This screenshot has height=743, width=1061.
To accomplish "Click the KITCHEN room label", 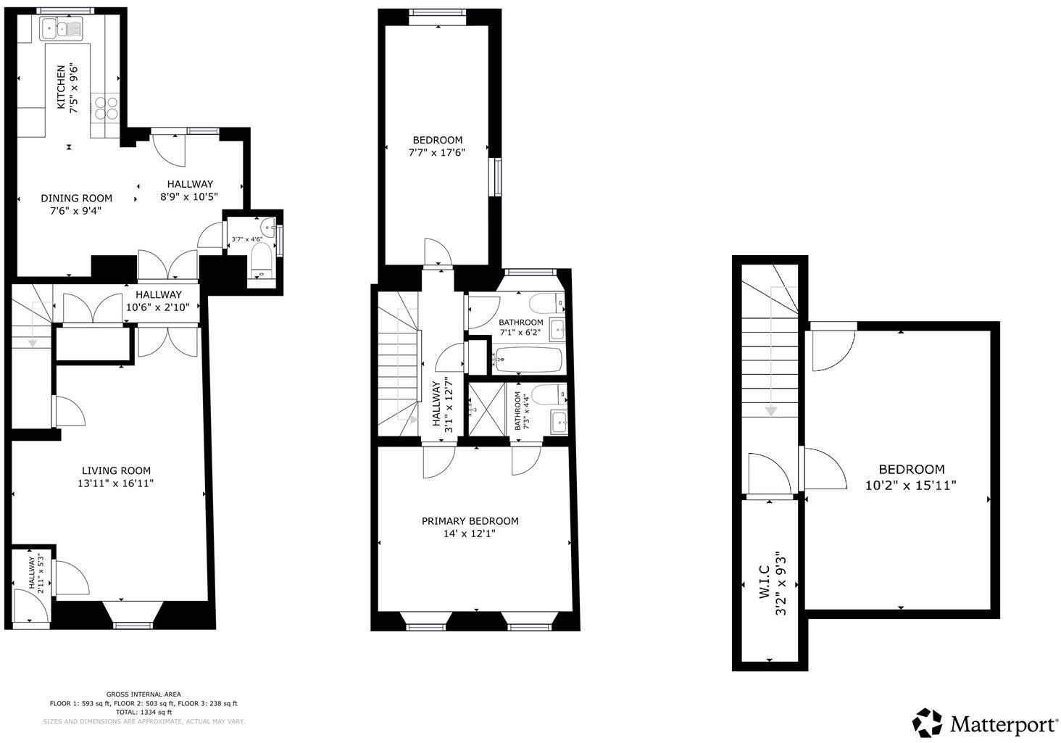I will [62, 87].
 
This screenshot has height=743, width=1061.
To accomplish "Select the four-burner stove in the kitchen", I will [106, 107].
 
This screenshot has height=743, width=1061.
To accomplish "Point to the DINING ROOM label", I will [76, 198].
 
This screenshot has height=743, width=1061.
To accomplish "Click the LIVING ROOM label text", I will [116, 470].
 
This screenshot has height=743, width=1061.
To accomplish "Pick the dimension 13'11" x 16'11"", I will [116, 483].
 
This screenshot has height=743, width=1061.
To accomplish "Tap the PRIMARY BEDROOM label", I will [470, 521].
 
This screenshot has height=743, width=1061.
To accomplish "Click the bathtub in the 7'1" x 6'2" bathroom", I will [528, 359].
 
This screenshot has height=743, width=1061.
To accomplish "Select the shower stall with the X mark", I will [479, 409].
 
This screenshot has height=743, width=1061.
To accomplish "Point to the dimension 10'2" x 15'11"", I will [911, 486].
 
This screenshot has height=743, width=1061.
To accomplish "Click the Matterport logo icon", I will [927, 723].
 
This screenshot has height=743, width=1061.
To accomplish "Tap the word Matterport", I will [1004, 724].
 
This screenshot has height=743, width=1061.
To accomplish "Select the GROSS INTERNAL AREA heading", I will [143, 694].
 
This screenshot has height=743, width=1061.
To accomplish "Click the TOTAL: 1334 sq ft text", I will [143, 713].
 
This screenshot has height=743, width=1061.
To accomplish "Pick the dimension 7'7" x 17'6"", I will [437, 153].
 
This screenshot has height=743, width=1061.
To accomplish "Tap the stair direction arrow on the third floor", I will [771, 410].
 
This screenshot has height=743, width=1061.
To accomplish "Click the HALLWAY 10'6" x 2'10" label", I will [159, 301].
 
